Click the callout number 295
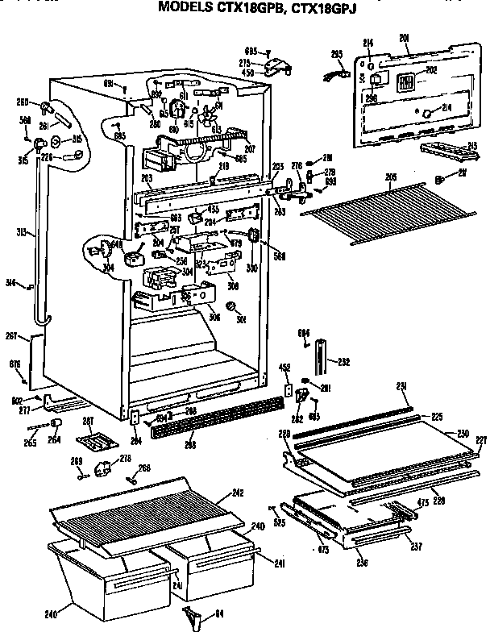pyautogui.click(x=338, y=54)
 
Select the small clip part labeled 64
pyautogui.click(x=191, y=616)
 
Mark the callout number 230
pyautogui.click(x=463, y=434)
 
